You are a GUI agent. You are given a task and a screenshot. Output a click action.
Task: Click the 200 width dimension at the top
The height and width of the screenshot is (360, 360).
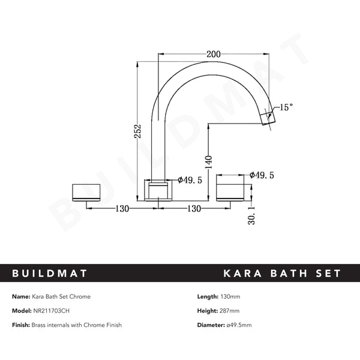click(x=213, y=53)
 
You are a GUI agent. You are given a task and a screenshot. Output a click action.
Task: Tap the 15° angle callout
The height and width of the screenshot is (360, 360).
click(x=286, y=107)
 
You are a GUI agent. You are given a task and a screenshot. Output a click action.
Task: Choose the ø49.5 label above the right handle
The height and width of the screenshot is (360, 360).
click(x=262, y=176)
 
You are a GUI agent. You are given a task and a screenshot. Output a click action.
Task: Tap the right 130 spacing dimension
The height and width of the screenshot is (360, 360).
click(x=194, y=208)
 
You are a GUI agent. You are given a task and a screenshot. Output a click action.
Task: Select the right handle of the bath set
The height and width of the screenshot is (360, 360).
click(x=230, y=190)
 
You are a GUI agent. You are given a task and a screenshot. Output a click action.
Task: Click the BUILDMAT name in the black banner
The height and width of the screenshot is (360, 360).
click(x=50, y=274)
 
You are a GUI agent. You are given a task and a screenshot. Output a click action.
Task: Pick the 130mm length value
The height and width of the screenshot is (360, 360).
click(x=230, y=296)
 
